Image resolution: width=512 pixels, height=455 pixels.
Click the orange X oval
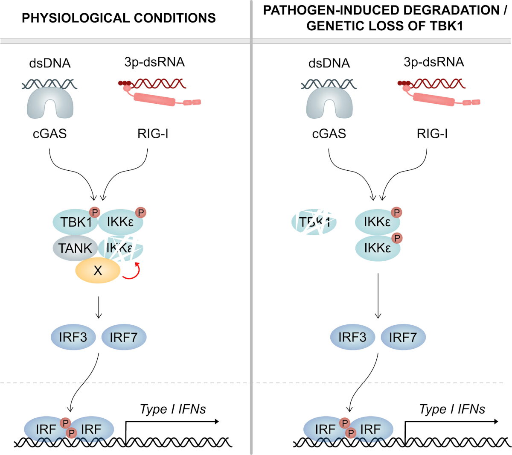point(98,270)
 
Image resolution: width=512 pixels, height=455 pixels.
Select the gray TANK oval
point(75,248)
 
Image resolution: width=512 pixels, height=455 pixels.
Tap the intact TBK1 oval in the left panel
point(75,222)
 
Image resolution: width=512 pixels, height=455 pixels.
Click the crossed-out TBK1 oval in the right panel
point(314,222)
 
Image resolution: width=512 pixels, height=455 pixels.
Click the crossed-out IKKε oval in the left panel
point(121,248)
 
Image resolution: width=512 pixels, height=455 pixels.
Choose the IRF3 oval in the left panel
point(73,337)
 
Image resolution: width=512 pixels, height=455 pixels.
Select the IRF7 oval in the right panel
point(403,337)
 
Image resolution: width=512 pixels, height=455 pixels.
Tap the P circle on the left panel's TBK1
point(95,212)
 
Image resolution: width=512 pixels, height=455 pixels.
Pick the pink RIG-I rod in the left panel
point(154,99)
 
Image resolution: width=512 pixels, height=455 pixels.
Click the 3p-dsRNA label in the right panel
point(433,62)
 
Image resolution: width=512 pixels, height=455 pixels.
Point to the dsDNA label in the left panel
point(50,63)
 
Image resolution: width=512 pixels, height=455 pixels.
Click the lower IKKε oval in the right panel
point(378,248)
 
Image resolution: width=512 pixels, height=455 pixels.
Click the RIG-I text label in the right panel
point(432,134)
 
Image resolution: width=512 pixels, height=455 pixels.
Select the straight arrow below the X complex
point(99,307)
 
